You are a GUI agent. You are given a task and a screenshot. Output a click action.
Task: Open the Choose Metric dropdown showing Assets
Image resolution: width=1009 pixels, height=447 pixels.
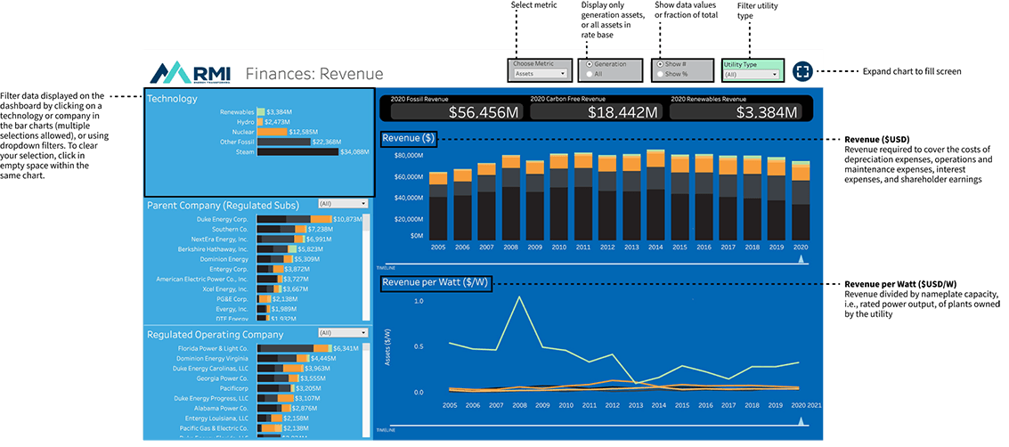pyautogui.click(x=540, y=74)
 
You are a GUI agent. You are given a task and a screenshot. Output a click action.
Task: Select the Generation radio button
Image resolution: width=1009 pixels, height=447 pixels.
pyautogui.click(x=589, y=65)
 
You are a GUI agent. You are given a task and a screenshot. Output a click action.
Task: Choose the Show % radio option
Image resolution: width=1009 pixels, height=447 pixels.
pyautogui.click(x=660, y=74)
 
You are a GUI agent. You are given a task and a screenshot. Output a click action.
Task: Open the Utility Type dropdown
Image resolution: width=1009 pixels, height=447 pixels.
pyautogui.click(x=752, y=75)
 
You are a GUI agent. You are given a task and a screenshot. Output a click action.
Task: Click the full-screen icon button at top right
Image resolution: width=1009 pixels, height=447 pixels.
pyautogui.click(x=802, y=71)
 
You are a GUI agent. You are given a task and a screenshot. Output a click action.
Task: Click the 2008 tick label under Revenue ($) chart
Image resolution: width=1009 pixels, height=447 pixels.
pyautogui.click(x=510, y=247)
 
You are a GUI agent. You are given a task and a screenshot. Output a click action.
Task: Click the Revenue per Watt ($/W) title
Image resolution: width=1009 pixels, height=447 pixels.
pyautogui.click(x=435, y=283)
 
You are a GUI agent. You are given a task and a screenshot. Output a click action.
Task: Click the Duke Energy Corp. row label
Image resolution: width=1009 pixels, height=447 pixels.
pyautogui.click(x=224, y=219)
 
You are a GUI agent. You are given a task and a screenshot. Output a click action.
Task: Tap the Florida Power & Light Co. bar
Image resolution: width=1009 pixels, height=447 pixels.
pyautogui.click(x=293, y=348)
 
